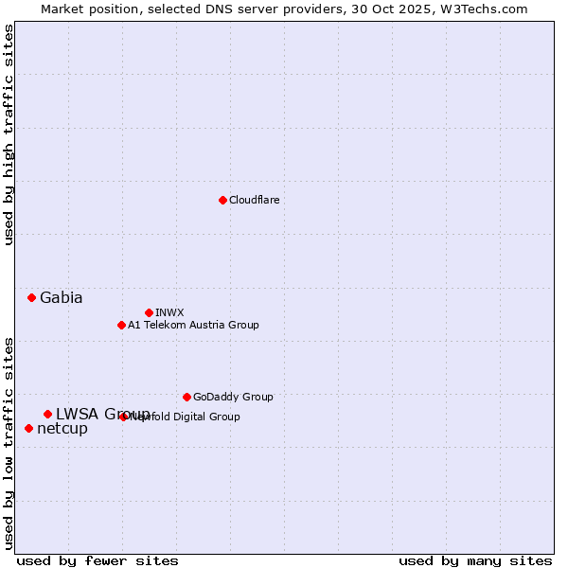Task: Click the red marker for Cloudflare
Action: point(222,200)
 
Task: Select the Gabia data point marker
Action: point(31,297)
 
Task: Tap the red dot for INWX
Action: point(149,312)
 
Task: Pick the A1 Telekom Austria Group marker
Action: point(121,325)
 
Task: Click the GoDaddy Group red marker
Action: point(186,397)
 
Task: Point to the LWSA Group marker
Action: point(47,414)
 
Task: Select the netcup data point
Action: point(28,428)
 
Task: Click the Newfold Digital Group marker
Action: point(124,417)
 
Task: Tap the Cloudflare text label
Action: point(254,200)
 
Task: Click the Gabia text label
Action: point(61,297)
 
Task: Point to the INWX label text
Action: point(169,312)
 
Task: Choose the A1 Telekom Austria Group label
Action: point(193,325)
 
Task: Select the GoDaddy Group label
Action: point(233,397)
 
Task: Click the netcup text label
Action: point(62,429)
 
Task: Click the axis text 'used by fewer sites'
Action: point(98,560)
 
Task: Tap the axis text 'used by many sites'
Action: point(475,560)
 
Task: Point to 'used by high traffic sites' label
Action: point(9,134)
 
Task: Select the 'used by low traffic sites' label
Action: point(9,443)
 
